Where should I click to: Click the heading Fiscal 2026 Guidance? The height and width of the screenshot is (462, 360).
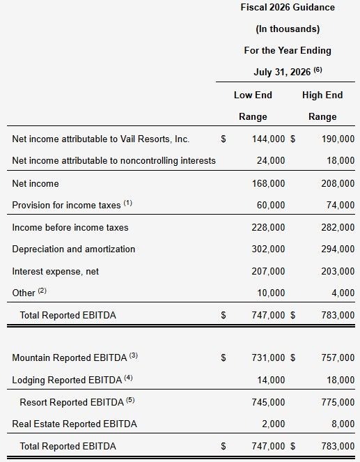[287, 8]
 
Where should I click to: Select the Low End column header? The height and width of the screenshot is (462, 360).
[253, 95]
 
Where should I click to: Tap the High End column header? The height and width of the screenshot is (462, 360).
[322, 95]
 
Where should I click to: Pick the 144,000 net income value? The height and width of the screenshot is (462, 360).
[268, 139]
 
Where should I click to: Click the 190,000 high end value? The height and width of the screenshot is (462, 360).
[338, 139]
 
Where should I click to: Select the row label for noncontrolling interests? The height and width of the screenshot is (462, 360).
[114, 160]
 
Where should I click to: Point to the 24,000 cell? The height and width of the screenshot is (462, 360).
[271, 160]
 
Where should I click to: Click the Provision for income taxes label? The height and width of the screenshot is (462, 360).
[68, 205]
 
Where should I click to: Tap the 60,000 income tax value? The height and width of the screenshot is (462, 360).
[271, 205]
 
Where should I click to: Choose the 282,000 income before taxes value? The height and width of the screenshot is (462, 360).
[338, 227]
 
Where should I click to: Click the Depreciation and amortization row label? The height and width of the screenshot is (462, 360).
[74, 249]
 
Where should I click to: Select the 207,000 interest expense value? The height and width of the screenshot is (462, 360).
[268, 271]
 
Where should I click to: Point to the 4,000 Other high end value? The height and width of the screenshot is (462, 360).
[343, 293]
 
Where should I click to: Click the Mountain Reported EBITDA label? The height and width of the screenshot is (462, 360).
[70, 357]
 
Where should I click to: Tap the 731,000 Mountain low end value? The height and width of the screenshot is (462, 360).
[268, 357]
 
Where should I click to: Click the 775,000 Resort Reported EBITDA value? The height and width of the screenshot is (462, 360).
[338, 402]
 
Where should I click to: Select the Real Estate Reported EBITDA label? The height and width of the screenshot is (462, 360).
[75, 424]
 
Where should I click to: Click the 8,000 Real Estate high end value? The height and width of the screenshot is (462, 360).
[343, 424]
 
